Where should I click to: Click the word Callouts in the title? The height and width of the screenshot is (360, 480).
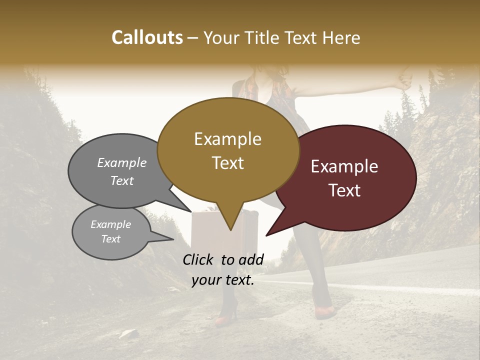(147, 37)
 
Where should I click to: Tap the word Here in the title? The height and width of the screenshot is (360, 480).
(340, 37)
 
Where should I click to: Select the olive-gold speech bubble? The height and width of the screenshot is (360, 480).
(228, 150)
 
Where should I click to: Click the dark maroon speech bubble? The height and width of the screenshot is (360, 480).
(350, 177)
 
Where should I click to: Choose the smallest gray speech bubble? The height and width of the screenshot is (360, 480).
(111, 232)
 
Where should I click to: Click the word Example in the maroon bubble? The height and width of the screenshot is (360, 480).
(344, 166)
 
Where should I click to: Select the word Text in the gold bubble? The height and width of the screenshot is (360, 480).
(228, 163)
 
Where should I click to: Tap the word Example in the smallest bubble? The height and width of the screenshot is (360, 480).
(110, 224)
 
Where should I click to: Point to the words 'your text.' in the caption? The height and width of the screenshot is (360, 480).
(223, 280)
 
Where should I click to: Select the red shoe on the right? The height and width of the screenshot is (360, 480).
(325, 312)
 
